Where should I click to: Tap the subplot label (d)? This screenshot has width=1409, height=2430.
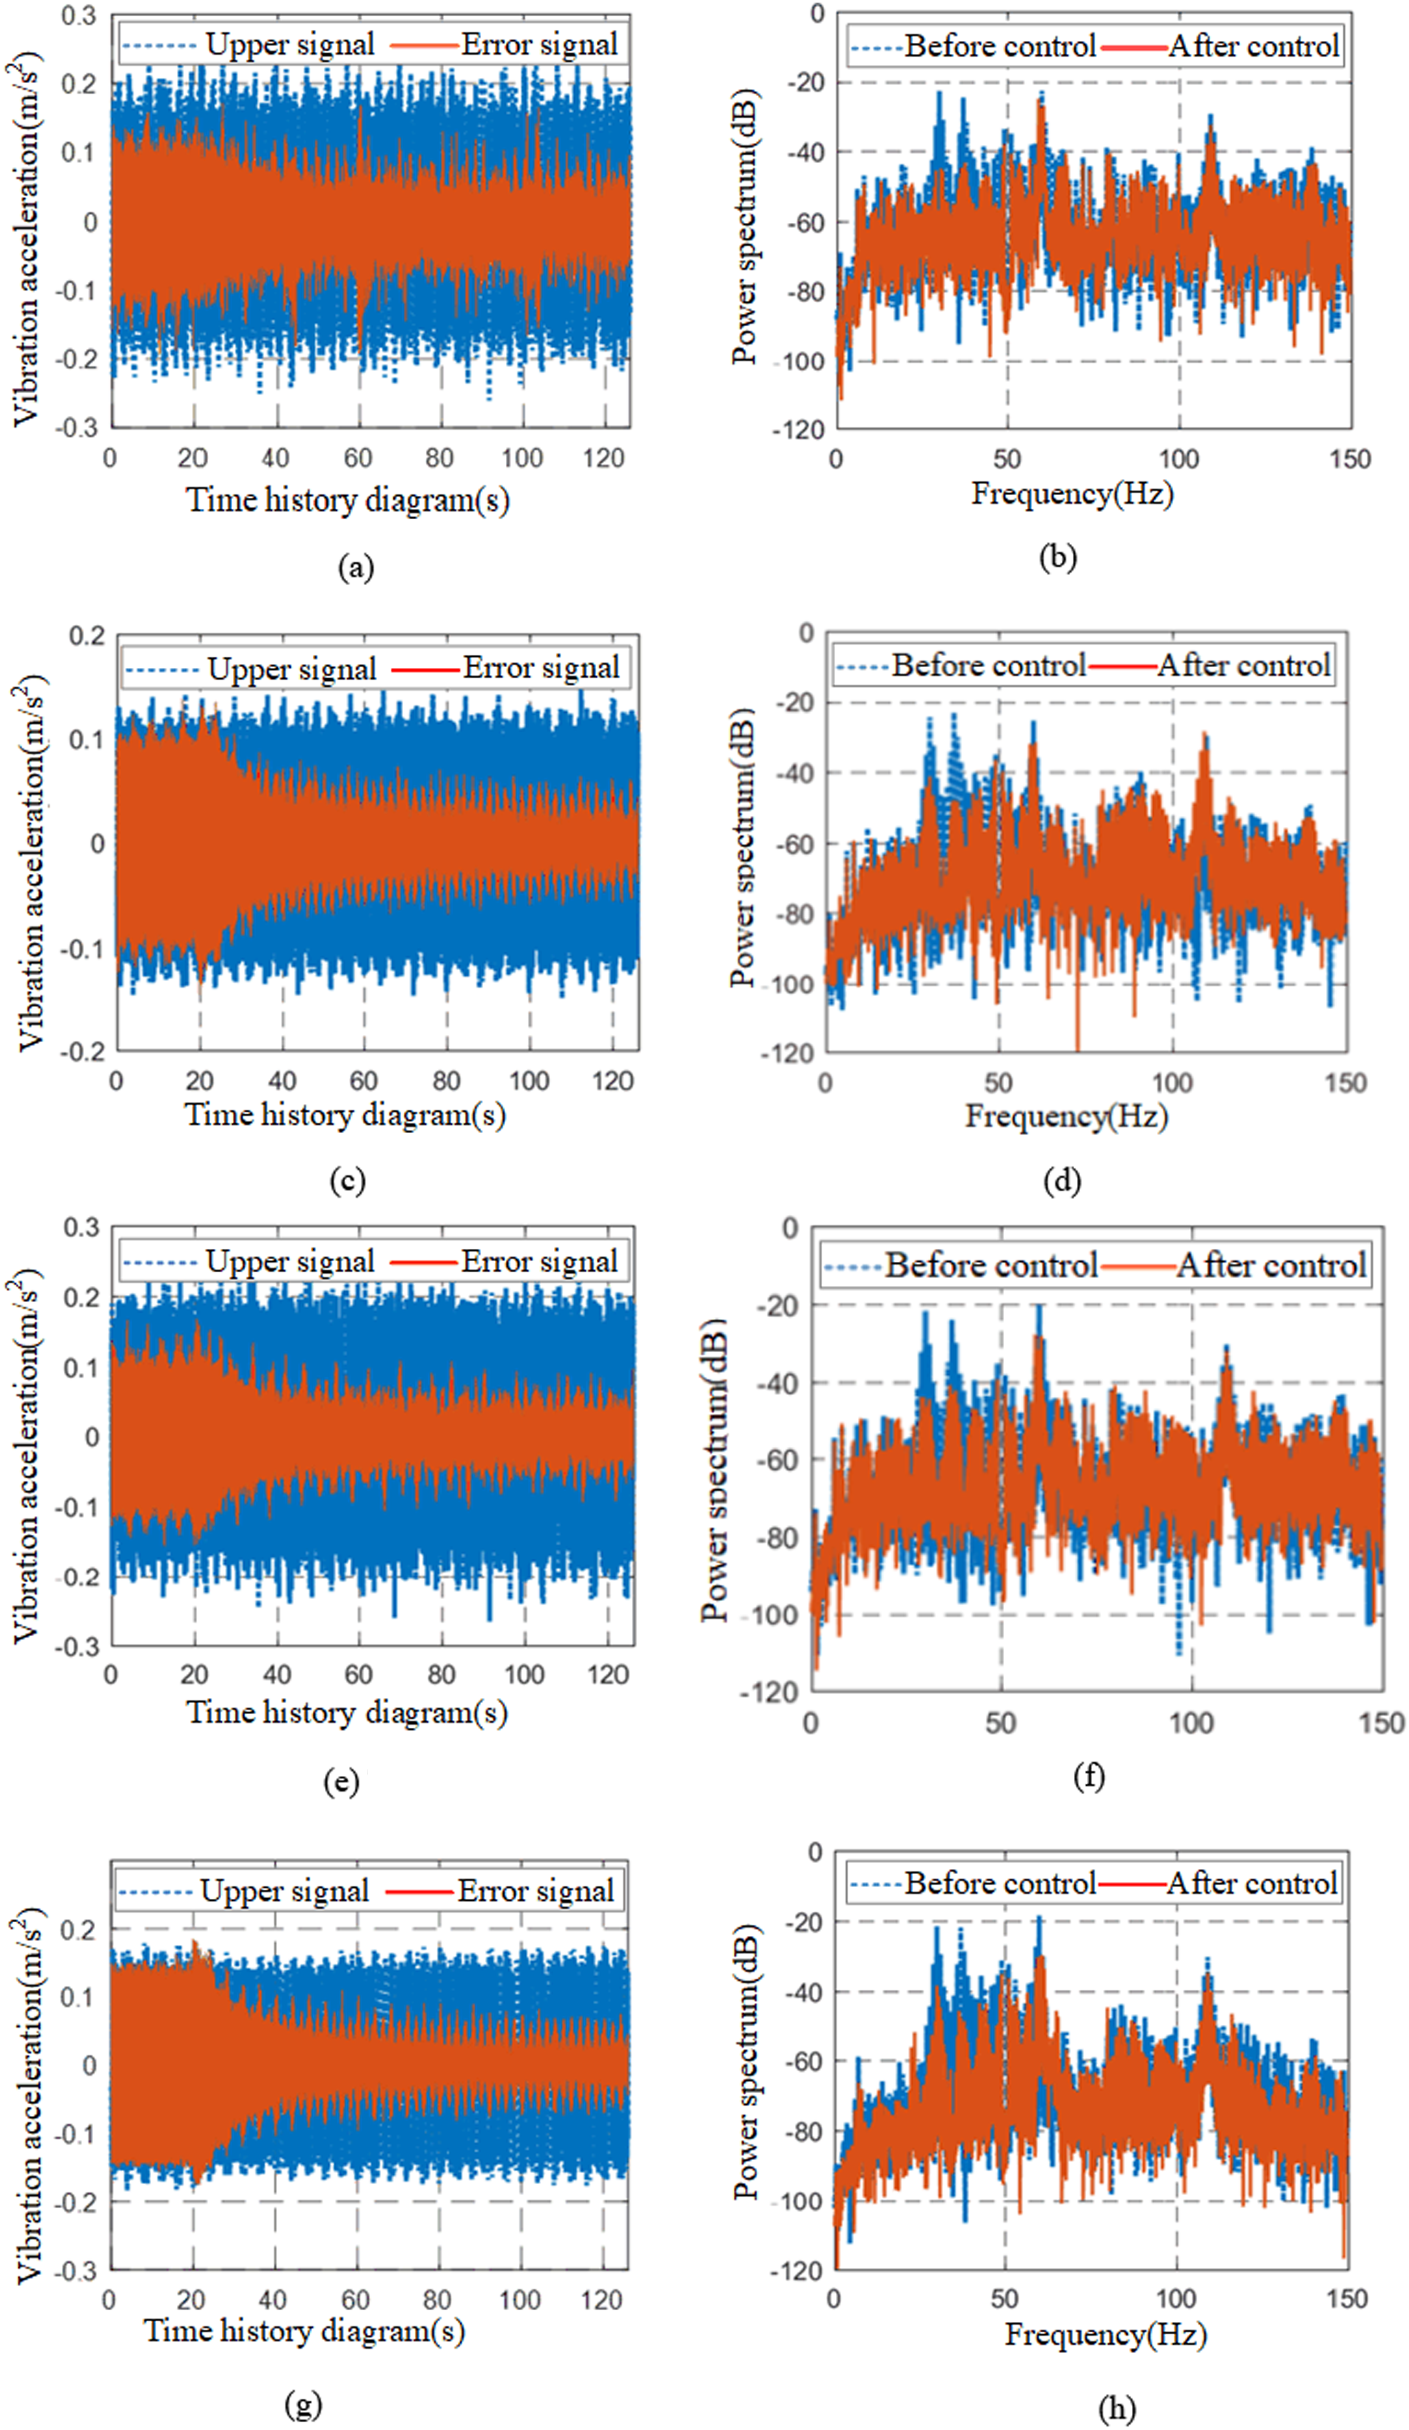pos(1062,1180)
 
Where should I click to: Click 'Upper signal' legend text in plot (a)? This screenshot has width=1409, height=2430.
pos(289,44)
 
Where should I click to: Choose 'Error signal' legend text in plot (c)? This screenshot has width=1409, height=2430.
pos(541,667)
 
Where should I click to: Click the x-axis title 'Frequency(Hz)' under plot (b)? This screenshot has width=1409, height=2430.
pos(1072,494)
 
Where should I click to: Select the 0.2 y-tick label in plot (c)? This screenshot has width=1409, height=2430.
pos(87,636)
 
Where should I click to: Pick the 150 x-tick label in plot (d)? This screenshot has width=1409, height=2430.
pos(1345,1082)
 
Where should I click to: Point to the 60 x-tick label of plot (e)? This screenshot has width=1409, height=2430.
pos(359,1674)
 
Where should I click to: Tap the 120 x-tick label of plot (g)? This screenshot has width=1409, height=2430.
pos(602,2300)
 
